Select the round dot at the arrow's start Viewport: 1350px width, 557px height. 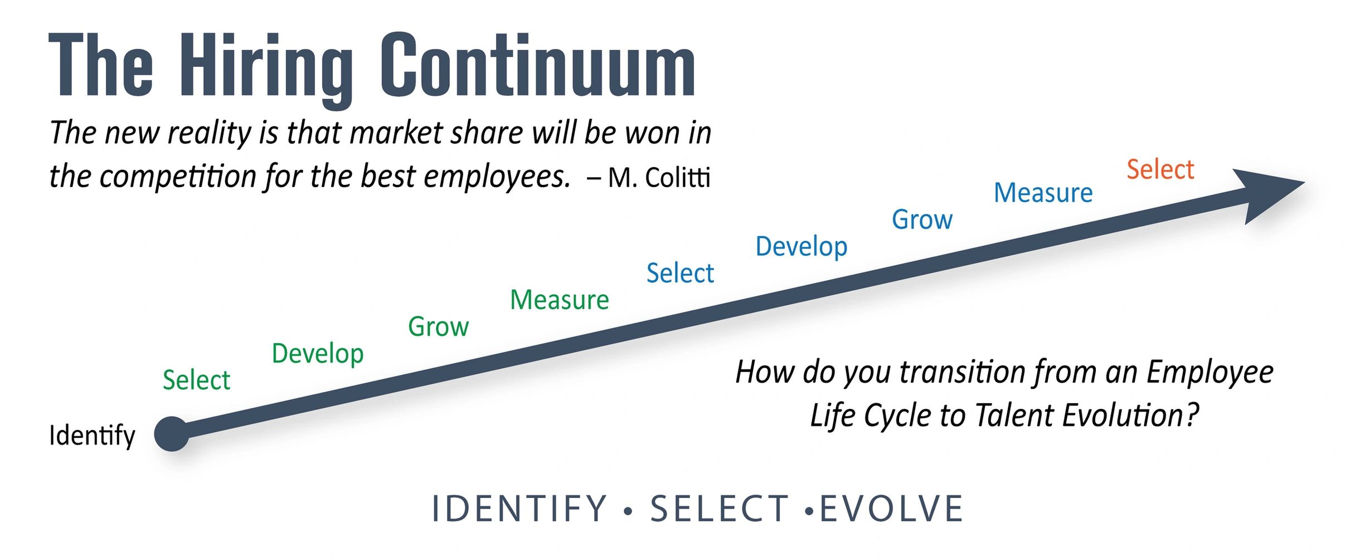coord(172,433)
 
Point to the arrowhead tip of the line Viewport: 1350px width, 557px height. coord(1304,182)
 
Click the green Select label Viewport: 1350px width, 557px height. coord(197,380)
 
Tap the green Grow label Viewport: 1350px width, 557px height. coord(439,326)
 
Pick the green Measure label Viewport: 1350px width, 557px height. coord(560,300)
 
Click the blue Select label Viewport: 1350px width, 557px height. coord(680,273)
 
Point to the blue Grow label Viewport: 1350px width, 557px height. coord(922,219)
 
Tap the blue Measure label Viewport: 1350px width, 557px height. coord(1043,193)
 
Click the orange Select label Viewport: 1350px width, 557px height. coord(1160,169)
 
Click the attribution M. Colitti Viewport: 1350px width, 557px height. coord(659,178)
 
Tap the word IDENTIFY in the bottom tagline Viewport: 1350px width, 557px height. coord(519,509)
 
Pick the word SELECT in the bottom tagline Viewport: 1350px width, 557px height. coord(720,509)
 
